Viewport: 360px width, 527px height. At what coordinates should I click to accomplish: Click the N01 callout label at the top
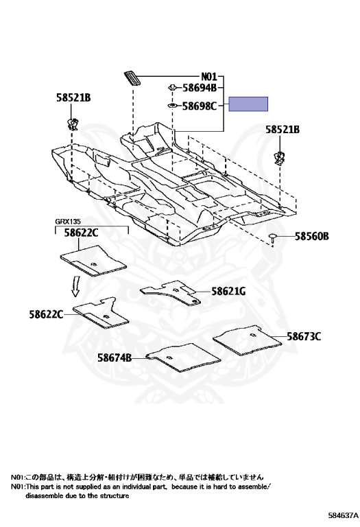click(x=209, y=77)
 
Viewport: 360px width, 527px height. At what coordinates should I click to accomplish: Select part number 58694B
click(x=200, y=88)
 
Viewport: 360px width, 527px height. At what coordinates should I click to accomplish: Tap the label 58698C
click(x=200, y=106)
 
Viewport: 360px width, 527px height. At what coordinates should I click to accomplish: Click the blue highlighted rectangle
click(x=248, y=104)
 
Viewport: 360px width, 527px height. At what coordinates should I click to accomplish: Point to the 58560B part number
click(x=312, y=236)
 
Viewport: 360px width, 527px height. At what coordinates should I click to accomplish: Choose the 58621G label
click(x=228, y=291)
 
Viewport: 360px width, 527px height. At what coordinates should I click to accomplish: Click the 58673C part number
click(x=304, y=336)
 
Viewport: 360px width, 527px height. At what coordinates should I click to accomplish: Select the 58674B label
click(x=115, y=358)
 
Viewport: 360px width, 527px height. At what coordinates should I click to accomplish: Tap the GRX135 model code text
click(x=68, y=222)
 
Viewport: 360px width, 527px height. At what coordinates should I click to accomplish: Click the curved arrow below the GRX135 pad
click(x=76, y=286)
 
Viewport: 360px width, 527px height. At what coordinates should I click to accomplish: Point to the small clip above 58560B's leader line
click(x=274, y=239)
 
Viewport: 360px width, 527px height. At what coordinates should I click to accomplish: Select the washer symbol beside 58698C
click(x=172, y=106)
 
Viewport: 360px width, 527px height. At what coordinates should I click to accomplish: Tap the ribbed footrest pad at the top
click(x=132, y=79)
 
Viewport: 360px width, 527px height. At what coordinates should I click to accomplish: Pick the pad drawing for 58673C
click(x=247, y=339)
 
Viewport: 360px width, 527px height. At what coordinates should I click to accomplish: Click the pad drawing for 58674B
click(x=183, y=358)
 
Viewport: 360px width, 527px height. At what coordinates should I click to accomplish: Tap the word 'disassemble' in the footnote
click(x=40, y=495)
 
